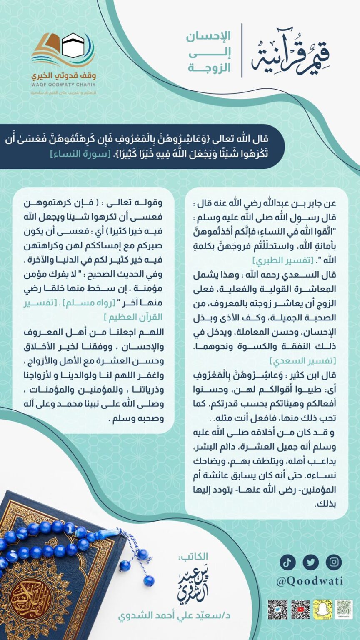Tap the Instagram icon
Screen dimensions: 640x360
coord(334,562)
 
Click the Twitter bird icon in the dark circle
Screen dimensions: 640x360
coord(311,562)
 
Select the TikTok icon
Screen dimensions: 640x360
coord(287,562)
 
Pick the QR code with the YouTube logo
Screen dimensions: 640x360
coord(300,609)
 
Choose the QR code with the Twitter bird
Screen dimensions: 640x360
coord(277,609)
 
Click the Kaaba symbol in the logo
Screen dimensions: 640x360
coord(73,45)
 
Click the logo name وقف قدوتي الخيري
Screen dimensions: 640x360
coord(64,76)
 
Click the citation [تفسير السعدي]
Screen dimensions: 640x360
coord(303,360)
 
